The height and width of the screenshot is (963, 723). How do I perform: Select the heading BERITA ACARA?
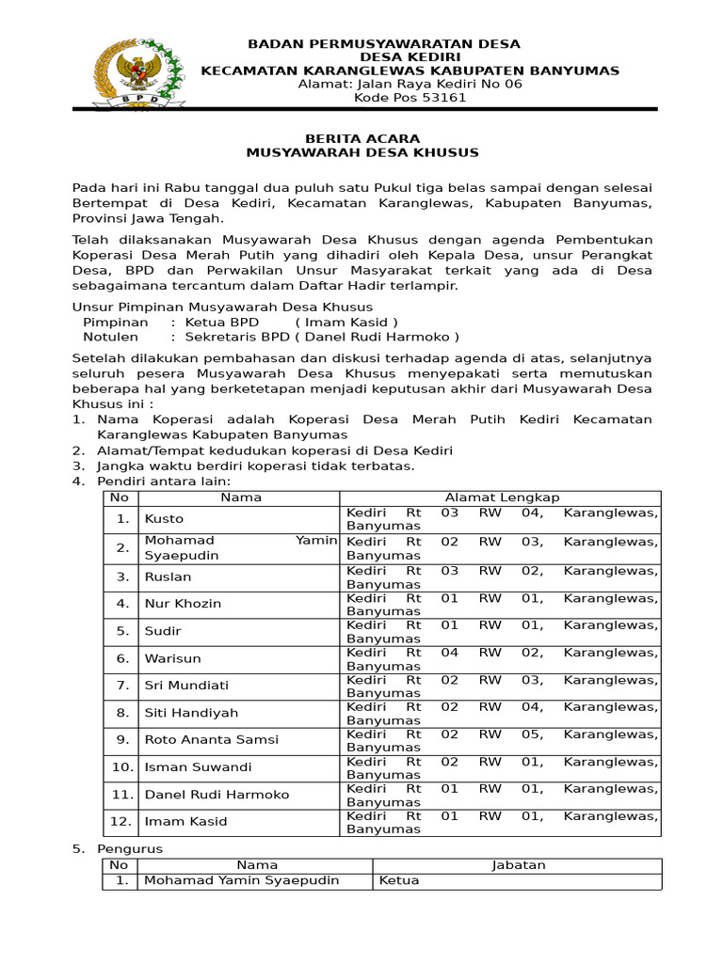[x=362, y=138]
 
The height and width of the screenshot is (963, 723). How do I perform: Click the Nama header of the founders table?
[x=241, y=497]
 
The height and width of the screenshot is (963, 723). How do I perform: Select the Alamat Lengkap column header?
[x=502, y=497]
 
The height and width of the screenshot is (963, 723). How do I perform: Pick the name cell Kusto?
[x=164, y=518]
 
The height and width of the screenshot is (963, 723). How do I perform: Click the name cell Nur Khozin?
[x=183, y=603]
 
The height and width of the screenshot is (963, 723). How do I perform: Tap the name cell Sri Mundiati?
[x=186, y=686]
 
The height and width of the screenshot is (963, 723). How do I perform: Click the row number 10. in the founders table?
[x=122, y=767]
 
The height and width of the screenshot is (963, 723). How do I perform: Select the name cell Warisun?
[x=172, y=658]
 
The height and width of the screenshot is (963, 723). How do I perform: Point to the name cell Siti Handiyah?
[x=191, y=713]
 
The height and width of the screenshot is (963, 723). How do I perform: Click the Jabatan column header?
[x=518, y=865]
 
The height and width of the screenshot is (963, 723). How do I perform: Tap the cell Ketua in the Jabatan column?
[x=399, y=881]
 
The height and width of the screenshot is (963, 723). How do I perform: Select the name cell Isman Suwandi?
[x=198, y=767]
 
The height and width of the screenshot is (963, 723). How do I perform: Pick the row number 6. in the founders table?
[x=122, y=658]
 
